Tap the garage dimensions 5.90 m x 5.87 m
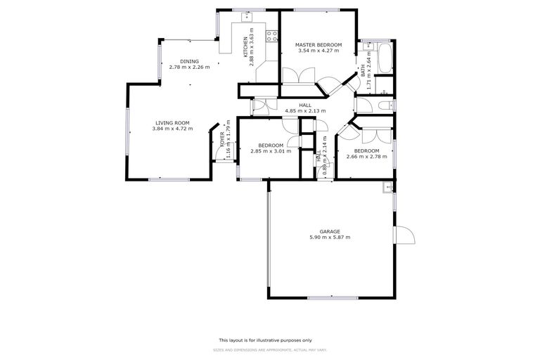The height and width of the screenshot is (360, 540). tap(330, 238)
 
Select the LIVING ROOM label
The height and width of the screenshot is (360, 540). tap(172, 123)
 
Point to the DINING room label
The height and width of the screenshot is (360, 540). tap(189, 61)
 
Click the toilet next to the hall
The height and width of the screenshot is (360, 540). tap(383, 105)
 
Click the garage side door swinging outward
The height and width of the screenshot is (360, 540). tap(404, 236)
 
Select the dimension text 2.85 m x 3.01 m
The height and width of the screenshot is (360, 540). tap(266, 150)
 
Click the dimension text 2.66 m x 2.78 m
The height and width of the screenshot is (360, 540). tap(366, 156)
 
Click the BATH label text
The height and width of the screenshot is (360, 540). tap(364, 70)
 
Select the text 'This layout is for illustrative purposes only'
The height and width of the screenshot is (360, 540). tap(270, 339)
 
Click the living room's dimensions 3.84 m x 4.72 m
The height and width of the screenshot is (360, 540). tap(172, 129)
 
